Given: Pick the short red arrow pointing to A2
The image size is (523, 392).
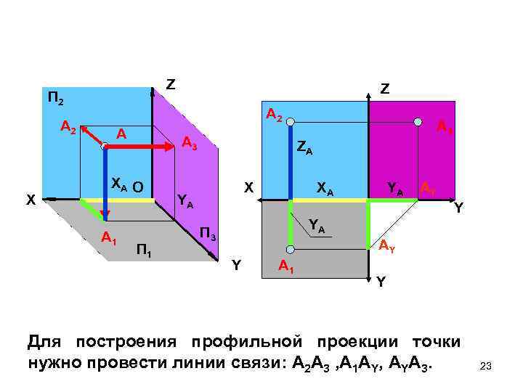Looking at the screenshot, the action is tap(90, 136).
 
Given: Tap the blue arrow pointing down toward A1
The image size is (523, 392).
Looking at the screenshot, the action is tap(105, 181).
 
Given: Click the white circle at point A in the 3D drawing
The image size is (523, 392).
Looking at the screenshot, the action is tap(105, 147).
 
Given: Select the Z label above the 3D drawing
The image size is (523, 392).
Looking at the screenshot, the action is tap(170, 85).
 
